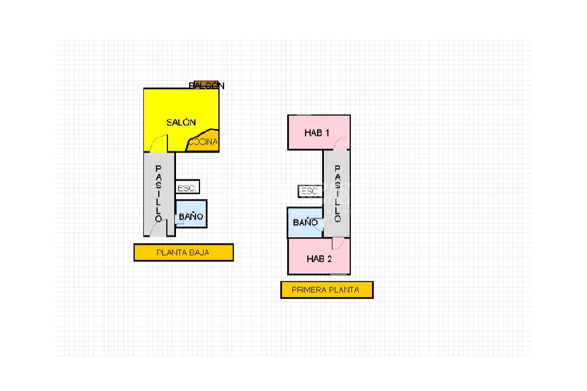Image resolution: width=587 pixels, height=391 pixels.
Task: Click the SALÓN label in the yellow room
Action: coord(181,122)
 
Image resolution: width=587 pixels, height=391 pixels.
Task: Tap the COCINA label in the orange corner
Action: coord(204,142)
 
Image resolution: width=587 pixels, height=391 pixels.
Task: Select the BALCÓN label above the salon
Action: coord(206,86)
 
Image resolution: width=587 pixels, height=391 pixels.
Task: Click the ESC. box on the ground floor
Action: coord(187,187)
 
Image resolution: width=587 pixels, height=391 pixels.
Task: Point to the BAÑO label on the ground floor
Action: coord(190,217)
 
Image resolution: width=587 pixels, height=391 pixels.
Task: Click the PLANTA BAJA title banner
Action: coord(183,252)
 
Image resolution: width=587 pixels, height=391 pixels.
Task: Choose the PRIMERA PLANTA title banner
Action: coord(326,290)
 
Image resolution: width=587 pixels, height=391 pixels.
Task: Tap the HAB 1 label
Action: coord(316,132)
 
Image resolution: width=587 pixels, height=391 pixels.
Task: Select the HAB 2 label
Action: coord(319,259)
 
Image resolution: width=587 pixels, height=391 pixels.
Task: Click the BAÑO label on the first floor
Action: coord(305,222)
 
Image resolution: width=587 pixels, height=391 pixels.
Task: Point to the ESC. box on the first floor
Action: coord(310,191)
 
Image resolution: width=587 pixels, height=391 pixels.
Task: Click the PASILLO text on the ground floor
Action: coord(158,194)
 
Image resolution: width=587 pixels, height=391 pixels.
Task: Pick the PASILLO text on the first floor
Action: coord(337,194)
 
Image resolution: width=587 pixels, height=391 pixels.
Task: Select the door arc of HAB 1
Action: coord(342,143)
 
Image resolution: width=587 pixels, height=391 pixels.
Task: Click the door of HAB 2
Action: coord(338,244)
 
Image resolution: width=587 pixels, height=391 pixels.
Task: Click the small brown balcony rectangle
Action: coord(206,84)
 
